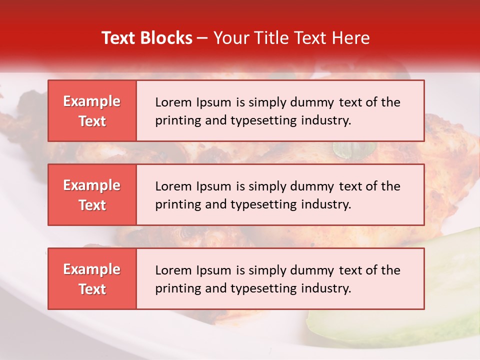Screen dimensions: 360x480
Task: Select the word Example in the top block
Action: [x=92, y=101]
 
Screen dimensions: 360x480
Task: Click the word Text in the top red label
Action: [x=92, y=121]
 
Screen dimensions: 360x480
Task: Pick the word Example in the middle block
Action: [x=92, y=185]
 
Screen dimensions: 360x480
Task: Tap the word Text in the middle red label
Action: [x=92, y=205]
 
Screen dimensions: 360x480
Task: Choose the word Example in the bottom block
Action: [x=92, y=269]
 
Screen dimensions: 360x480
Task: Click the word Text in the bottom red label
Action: [x=92, y=289]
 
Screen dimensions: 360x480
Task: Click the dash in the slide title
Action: [x=203, y=38]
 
